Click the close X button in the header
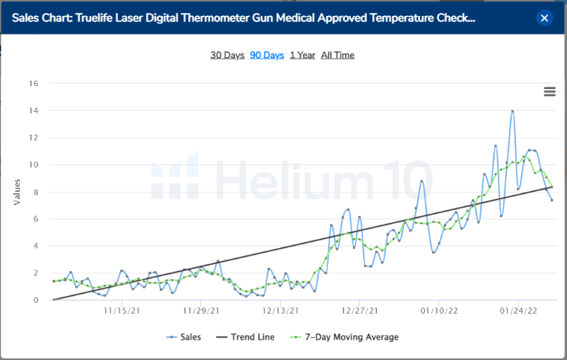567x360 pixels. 543,18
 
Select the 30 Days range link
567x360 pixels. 227,55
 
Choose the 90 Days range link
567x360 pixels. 266,55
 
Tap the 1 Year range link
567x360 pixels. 302,55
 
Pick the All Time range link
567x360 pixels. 337,55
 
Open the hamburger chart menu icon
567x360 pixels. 549,92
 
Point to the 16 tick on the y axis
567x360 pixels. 33,84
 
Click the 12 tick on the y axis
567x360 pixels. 33,138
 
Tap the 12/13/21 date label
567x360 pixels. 278,311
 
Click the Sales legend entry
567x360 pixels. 184,336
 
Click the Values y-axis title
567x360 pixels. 17,192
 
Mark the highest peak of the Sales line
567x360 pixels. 512,111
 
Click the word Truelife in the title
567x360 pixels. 97,18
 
